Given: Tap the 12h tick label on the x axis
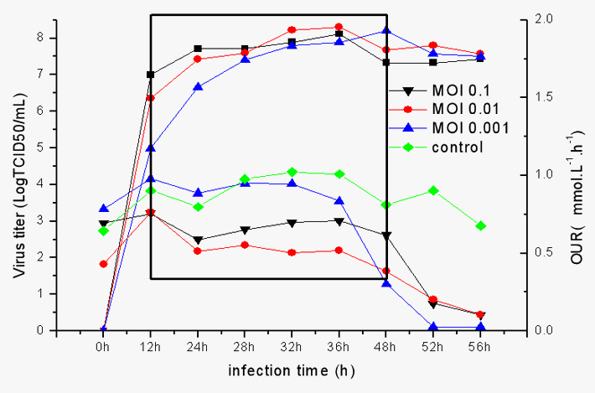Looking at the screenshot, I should pos(150,346).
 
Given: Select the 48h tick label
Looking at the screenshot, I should pos(386,346).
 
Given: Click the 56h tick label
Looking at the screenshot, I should pos(480,346).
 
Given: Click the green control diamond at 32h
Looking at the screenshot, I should pos(292,172).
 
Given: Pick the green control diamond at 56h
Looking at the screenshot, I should pos(480,225).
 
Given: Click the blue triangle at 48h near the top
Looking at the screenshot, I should pos(385,30).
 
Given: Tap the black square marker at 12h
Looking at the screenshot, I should pos(150,75).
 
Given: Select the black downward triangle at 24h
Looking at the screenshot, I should pos(198,240).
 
